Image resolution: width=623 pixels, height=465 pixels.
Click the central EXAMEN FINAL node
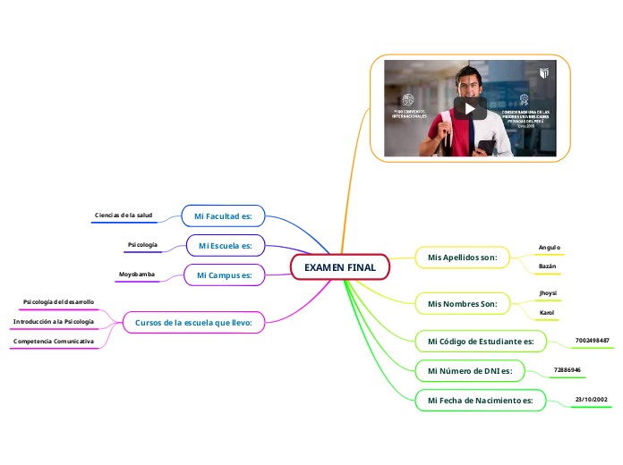[340, 267]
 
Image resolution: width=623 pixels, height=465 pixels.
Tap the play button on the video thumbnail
[470, 108]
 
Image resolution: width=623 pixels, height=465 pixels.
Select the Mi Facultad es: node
[224, 216]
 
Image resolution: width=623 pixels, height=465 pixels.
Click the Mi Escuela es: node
[226, 245]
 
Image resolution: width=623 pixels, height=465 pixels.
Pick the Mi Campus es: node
[225, 275]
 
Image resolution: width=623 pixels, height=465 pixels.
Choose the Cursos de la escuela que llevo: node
[193, 322]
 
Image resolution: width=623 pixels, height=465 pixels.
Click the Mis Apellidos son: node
[462, 258]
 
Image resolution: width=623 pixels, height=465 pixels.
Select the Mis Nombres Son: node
[462, 304]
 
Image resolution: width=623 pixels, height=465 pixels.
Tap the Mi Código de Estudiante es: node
[481, 341]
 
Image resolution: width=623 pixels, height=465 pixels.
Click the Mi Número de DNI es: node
[470, 370]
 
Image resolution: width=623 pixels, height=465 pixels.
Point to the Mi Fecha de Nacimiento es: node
[480, 400]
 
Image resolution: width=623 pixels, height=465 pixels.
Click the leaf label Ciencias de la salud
[124, 216]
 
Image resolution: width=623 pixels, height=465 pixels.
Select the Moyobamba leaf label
[137, 274]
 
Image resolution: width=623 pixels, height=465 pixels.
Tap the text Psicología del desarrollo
[59, 302]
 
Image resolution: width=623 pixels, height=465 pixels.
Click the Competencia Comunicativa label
[54, 342]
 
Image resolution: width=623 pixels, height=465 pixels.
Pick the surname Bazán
[547, 266]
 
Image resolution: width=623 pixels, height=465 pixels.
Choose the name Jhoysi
[547, 293]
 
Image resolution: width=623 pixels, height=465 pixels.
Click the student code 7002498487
[593, 341]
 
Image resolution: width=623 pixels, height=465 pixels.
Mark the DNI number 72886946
[568, 369]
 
